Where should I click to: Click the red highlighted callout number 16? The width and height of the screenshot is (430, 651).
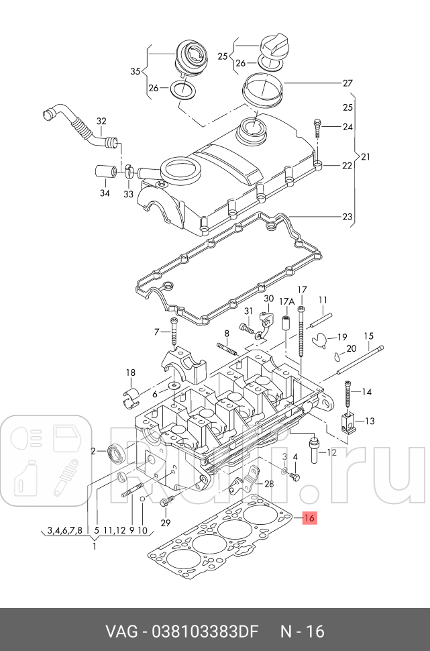309,517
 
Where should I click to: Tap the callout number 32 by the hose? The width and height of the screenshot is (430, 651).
101,121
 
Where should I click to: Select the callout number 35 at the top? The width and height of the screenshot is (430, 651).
135,71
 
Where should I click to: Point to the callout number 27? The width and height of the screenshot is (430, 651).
347,83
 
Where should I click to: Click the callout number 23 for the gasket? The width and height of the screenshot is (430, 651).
347,217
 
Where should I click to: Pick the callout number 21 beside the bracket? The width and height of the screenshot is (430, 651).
366,157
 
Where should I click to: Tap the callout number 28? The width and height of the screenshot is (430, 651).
269,484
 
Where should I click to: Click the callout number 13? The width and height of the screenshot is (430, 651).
370,421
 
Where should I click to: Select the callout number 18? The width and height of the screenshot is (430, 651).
131,372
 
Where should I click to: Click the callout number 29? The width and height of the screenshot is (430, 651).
166,523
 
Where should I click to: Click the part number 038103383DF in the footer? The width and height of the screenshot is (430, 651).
209,631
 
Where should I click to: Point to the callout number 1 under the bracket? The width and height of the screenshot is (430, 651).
94,546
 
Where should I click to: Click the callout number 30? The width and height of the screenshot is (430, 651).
268,299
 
